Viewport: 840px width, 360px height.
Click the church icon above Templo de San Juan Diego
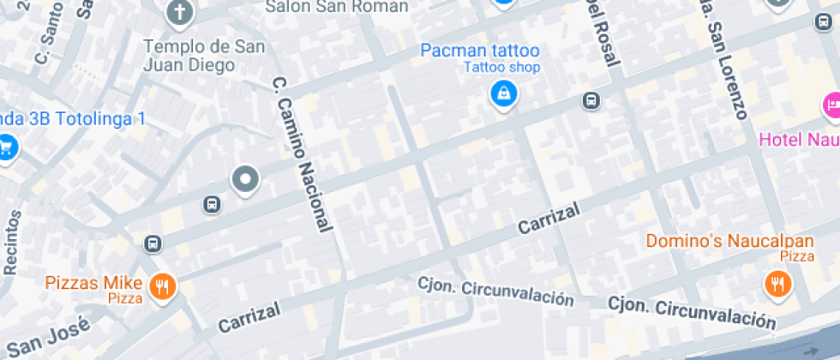[180, 11]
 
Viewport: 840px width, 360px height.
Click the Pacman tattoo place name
[480, 51]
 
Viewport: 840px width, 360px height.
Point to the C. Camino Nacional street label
[301, 154]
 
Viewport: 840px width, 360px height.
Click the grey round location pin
[246, 179]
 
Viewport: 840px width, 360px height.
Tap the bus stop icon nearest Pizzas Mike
[153, 243]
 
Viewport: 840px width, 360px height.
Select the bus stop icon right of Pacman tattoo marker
[591, 100]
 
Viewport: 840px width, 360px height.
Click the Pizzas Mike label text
[99, 282]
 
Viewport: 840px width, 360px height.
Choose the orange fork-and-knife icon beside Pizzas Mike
[161, 287]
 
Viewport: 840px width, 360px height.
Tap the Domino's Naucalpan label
[717, 241]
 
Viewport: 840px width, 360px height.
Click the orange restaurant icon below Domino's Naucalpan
[777, 283]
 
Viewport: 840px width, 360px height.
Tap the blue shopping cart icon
[6, 146]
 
